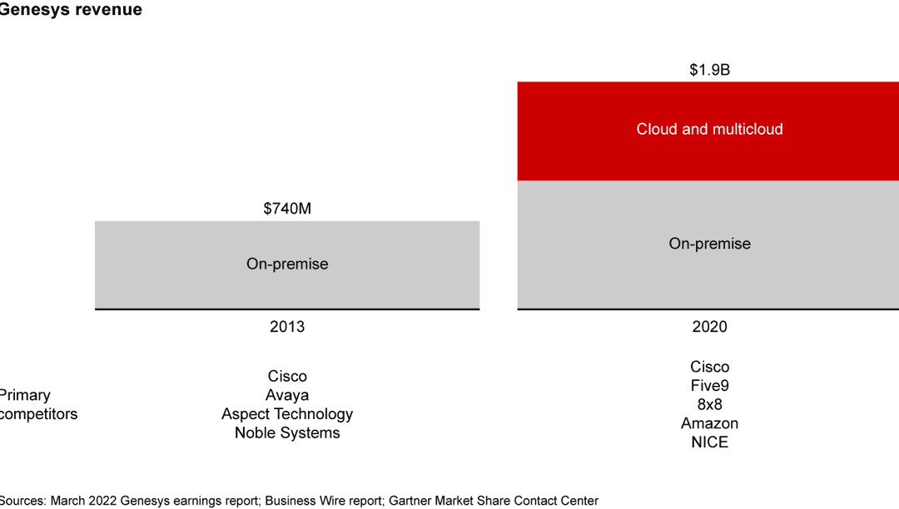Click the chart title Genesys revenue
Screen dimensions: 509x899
click(x=70, y=10)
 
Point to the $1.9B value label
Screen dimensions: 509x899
click(x=709, y=70)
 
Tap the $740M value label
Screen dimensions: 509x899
click(x=287, y=209)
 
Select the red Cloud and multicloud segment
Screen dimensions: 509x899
click(x=709, y=130)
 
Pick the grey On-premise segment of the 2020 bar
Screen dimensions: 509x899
click(x=709, y=244)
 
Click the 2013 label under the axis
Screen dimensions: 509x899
click(x=287, y=327)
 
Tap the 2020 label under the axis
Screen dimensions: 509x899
click(x=709, y=327)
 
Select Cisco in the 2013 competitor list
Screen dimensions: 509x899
click(x=287, y=377)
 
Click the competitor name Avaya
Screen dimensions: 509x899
click(x=287, y=395)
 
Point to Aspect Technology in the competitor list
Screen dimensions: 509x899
click(x=287, y=414)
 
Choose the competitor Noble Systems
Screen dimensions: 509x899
click(x=287, y=432)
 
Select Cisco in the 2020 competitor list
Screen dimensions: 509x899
click(x=709, y=367)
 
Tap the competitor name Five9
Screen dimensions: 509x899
click(x=709, y=386)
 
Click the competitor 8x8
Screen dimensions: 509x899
click(x=709, y=404)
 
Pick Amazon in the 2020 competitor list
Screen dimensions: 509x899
click(x=709, y=423)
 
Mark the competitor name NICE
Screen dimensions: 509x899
click(x=709, y=442)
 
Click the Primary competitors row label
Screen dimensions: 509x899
click(x=37, y=404)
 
